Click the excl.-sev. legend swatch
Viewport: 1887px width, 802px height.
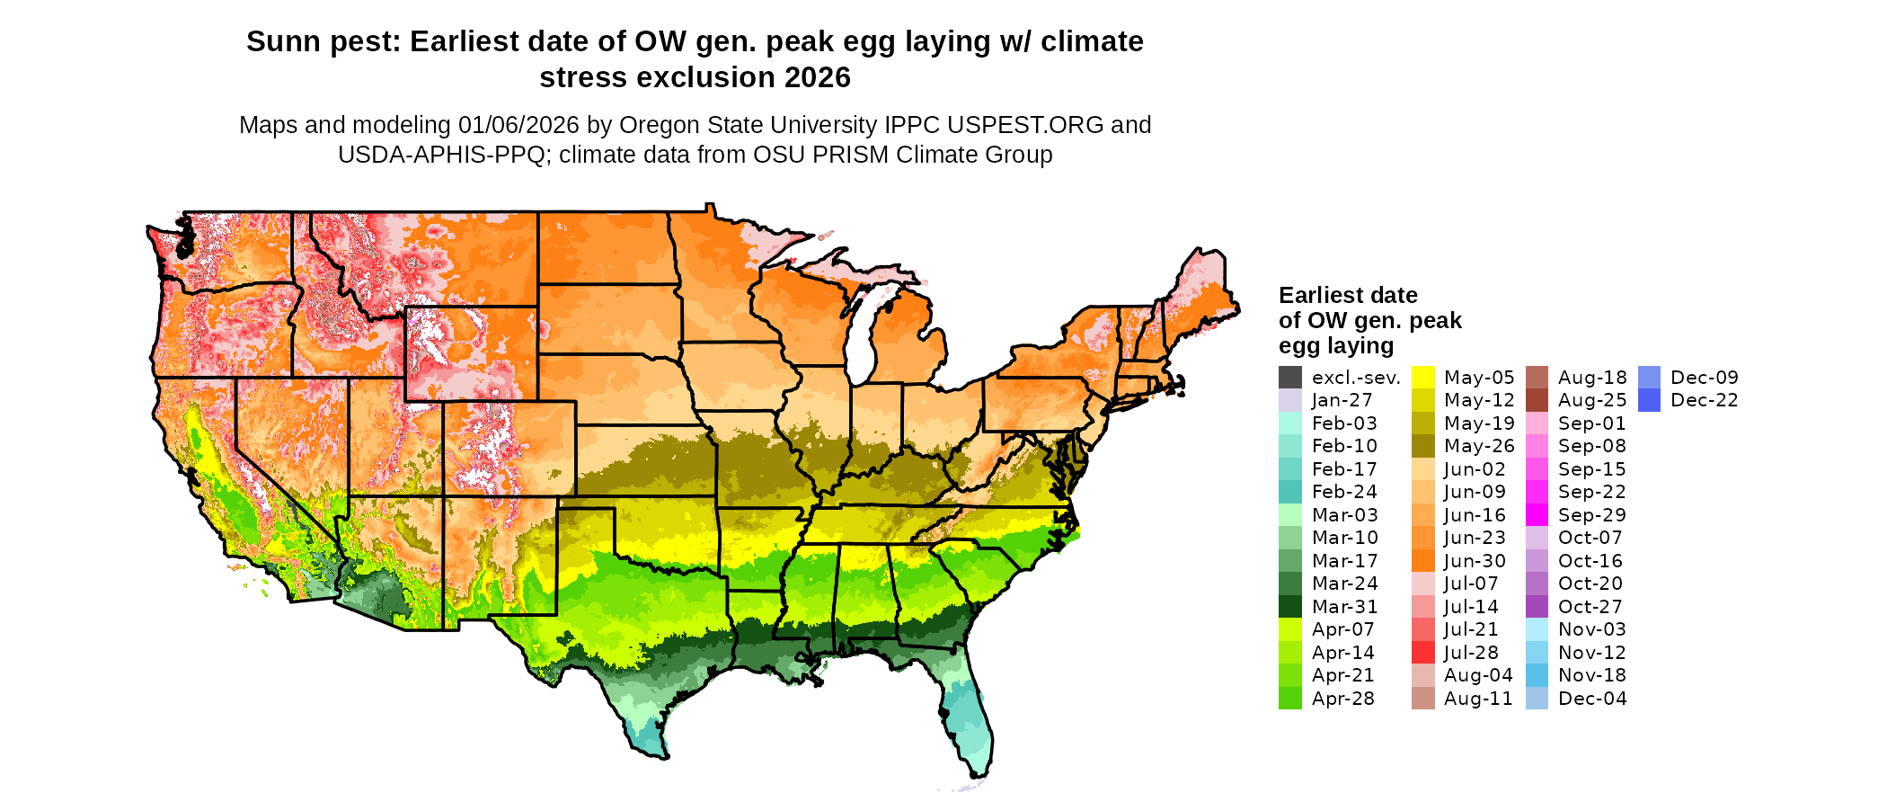click(x=1289, y=378)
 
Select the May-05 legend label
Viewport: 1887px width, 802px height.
click(x=1479, y=378)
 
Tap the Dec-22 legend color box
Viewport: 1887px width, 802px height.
click(x=1649, y=400)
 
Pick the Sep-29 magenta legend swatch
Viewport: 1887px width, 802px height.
click(x=1537, y=515)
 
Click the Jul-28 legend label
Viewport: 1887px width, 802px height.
click(x=1472, y=653)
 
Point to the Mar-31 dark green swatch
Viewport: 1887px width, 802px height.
click(x=1289, y=607)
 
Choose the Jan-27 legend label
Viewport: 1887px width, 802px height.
click(x=1342, y=400)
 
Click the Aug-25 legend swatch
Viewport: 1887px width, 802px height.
click(x=1537, y=400)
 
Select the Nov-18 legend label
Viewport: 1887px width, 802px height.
click(x=1592, y=675)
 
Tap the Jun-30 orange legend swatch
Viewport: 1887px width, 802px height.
click(x=1423, y=561)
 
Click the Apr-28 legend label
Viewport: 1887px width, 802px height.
click(x=1342, y=699)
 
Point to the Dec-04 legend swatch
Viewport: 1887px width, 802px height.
click(x=1537, y=699)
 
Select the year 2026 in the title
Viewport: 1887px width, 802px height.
click(x=817, y=77)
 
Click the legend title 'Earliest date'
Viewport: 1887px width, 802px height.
click(x=1348, y=295)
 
